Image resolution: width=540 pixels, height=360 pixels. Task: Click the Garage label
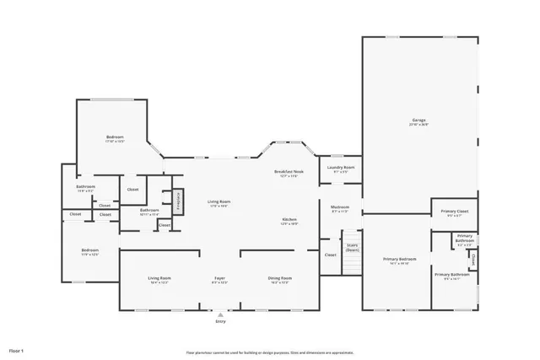[x=419, y=122]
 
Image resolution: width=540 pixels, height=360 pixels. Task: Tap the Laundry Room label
[x=341, y=169]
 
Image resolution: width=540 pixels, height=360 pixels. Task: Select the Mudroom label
[x=340, y=208]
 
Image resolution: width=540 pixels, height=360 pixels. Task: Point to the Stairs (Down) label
[x=353, y=250]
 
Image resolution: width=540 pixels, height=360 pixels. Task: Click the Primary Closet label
[x=454, y=212]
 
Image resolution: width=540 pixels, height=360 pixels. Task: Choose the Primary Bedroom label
[x=399, y=260]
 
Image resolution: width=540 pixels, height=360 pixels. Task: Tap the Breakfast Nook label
[x=288, y=172]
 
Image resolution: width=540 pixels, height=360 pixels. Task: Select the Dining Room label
[x=279, y=279]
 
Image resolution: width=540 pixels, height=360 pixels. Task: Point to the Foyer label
[x=219, y=279]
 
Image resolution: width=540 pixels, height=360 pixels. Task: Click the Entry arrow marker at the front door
[x=220, y=314]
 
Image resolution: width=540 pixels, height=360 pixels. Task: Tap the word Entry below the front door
[x=220, y=322]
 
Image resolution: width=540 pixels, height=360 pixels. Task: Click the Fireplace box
[x=178, y=203]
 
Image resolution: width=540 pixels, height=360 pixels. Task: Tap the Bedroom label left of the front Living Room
[x=89, y=251]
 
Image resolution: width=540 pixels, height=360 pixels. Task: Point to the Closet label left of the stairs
[x=330, y=255]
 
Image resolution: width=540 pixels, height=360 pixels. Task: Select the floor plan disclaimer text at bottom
[x=270, y=352]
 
